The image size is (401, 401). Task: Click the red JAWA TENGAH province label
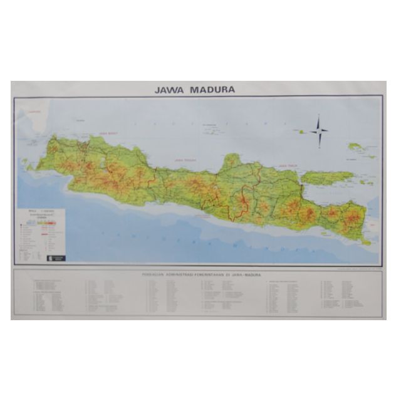click(x=186, y=160)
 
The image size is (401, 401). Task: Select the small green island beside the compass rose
click(x=301, y=132)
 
